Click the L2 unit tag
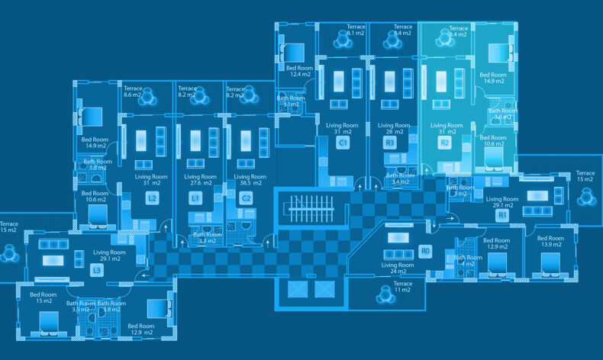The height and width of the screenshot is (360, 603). tap(152, 198)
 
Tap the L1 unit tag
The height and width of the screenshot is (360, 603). tap(196, 198)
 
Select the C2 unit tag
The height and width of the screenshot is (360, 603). tap(246, 198)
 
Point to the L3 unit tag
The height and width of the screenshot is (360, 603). tap(97, 270)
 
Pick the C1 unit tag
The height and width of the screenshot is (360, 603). tap(343, 143)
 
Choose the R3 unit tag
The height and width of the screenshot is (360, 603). tap(390, 143)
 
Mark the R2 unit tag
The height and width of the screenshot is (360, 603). tap(445, 143)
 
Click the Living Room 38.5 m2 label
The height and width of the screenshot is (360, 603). tap(245, 180)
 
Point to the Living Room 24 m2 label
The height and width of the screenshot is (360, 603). tap(398, 268)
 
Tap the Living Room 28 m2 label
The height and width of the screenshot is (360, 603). tap(394, 129)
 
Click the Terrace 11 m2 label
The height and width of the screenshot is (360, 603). tap(403, 287)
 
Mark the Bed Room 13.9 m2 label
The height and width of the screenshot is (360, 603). tap(551, 242)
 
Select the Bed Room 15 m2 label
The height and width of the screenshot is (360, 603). tap(44, 297)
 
